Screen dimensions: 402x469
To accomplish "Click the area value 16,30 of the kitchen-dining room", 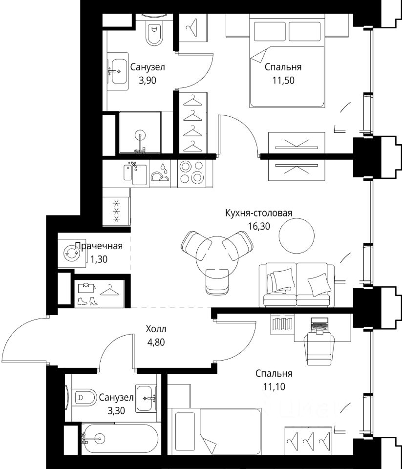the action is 259,226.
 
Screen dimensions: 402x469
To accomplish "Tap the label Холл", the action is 156,329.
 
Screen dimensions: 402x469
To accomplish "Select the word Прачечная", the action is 99,246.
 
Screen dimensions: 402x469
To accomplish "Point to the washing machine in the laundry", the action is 71,254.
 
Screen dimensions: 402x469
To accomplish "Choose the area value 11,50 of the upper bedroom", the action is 283,80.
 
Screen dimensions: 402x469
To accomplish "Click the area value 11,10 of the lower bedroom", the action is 274,387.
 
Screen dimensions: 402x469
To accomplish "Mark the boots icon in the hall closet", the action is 87,301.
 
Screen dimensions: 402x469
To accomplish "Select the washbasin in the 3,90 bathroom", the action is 118,71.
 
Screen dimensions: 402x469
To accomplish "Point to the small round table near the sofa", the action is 296,235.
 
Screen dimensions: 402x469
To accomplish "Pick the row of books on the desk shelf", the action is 282,324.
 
